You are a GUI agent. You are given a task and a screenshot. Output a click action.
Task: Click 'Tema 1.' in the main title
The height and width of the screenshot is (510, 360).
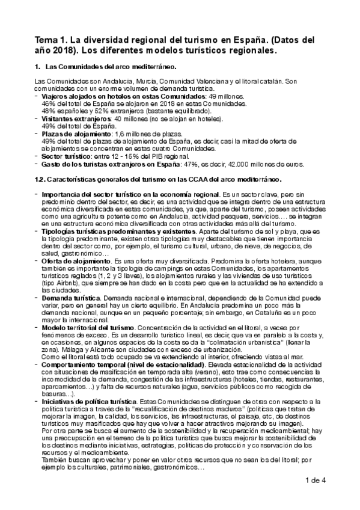click(52, 40)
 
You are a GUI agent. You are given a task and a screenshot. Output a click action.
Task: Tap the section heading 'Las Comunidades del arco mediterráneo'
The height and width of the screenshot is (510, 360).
click(111, 66)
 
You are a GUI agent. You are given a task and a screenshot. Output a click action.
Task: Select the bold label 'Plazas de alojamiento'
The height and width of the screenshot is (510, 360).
click(75, 134)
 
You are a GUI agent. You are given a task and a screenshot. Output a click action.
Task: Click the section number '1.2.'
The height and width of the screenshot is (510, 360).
click(40, 179)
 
